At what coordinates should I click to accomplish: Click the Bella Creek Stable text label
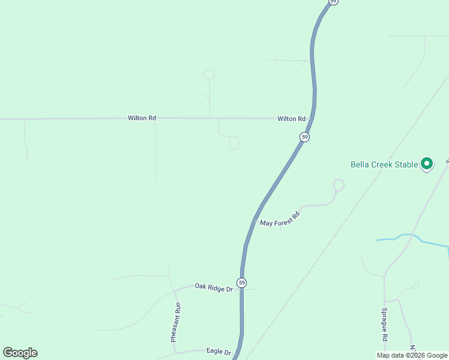pos(384,164)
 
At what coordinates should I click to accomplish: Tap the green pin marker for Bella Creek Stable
pos(427,163)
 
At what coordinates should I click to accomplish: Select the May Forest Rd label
pos(280,219)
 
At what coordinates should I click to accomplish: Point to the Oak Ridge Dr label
pos(214,288)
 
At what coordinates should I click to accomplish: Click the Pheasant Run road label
pos(175,322)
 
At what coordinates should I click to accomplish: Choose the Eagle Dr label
pos(218,352)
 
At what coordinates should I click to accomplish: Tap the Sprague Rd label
pos(385,325)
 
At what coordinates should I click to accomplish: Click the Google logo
pos(20,353)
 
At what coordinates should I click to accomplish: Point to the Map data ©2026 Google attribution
pos(412,355)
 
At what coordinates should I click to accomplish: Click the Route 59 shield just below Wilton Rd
pos(305,137)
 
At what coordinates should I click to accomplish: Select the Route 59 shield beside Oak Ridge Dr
pos(241,283)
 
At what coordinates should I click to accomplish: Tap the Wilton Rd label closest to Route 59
pos(292,119)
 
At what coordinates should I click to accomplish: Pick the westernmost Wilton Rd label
pos(142,118)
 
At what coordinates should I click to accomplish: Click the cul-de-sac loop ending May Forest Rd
pos(339,184)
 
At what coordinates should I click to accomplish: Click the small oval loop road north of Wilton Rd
pos(209,75)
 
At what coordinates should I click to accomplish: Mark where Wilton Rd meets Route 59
pos(312,119)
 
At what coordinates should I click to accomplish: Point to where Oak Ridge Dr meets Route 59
pos(241,289)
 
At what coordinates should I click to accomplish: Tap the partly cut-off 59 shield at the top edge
pos(334,2)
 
